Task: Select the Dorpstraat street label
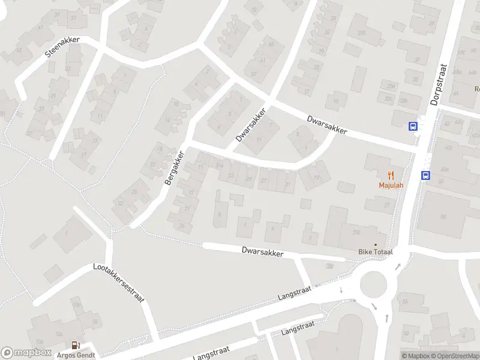click(440, 85)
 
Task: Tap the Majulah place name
click(391, 185)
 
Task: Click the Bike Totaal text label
click(375, 252)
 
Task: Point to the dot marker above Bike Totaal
click(376, 244)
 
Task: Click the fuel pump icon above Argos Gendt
click(75, 345)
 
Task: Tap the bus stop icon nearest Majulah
click(425, 176)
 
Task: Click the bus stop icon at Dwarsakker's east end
click(413, 126)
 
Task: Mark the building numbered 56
click(405, 301)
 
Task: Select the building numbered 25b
click(356, 232)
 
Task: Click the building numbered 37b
click(362, 32)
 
